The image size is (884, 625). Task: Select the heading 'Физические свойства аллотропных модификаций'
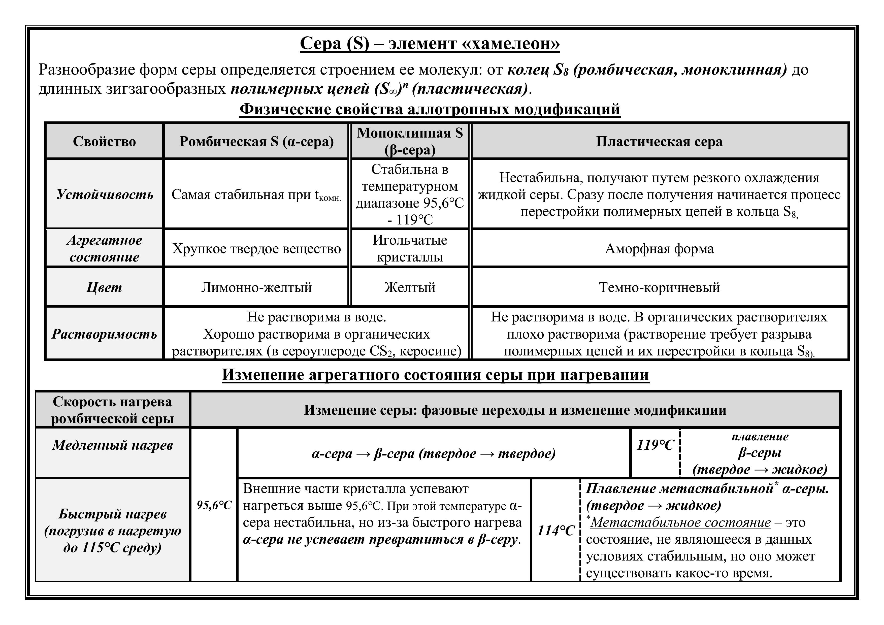click(x=430, y=109)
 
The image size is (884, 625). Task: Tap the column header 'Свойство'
click(x=104, y=141)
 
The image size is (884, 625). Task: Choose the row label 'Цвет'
click(x=104, y=287)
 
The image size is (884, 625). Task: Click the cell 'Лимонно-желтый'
click(x=256, y=287)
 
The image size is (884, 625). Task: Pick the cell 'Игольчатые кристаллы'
click(x=410, y=248)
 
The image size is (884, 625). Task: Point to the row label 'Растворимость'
click(x=104, y=334)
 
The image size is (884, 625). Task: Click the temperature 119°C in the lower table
click(x=655, y=445)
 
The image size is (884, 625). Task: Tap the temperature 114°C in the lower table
click(x=555, y=531)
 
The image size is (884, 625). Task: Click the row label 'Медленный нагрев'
click(x=112, y=445)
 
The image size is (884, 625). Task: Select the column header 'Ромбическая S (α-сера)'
click(x=256, y=141)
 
